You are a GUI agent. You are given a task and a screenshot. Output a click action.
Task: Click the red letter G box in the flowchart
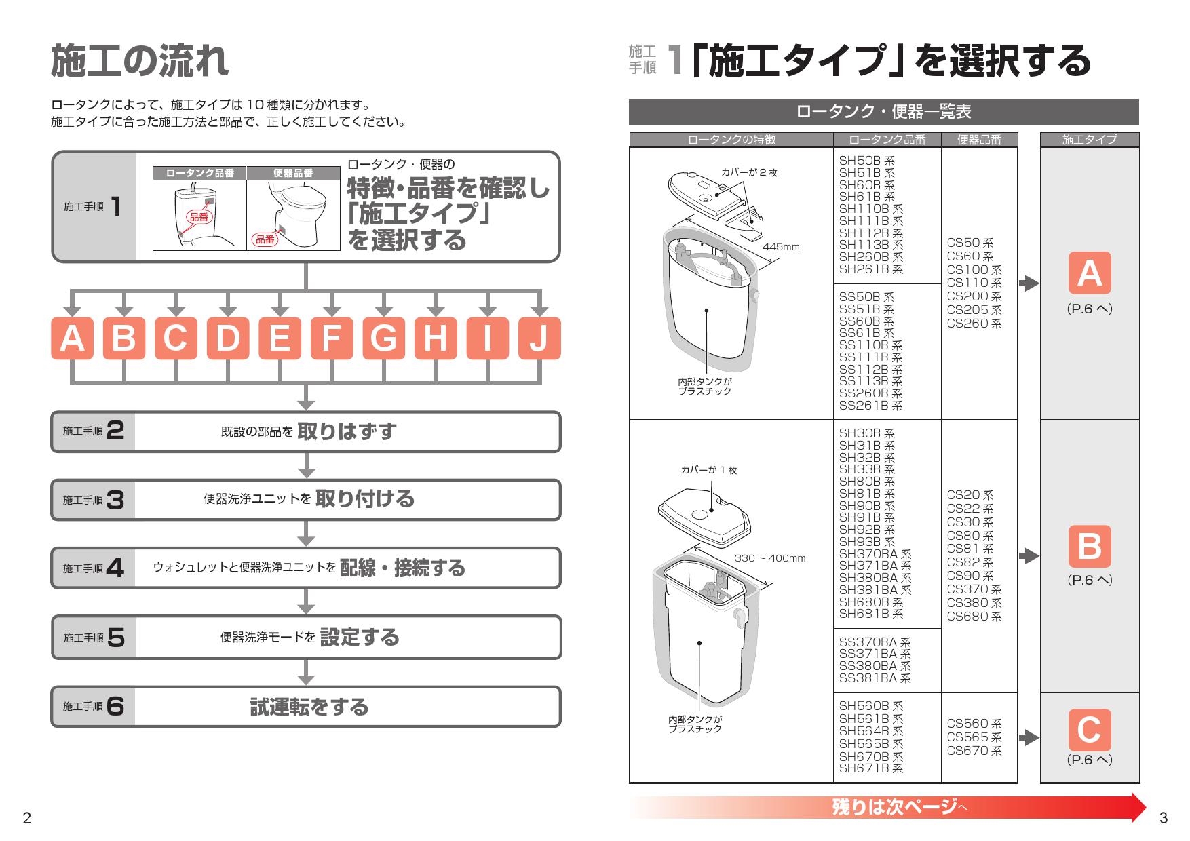click(x=383, y=338)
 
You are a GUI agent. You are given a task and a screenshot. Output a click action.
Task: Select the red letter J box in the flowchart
click(x=539, y=338)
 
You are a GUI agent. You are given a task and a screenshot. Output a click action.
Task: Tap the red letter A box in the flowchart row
click(x=72, y=338)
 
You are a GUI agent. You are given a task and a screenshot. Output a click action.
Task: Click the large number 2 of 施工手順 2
click(x=115, y=431)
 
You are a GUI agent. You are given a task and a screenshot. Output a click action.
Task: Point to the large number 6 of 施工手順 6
click(x=115, y=706)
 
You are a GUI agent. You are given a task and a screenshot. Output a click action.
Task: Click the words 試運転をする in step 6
click(x=309, y=707)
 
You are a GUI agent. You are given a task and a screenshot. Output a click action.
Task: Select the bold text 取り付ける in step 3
click(x=364, y=498)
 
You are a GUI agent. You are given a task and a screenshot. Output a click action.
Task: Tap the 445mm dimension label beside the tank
click(x=781, y=247)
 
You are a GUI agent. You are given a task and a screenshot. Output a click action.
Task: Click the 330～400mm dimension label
click(x=770, y=558)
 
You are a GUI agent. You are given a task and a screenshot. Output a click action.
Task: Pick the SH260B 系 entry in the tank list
click(x=870, y=257)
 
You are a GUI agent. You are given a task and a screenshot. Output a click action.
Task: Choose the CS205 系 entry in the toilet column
click(x=974, y=310)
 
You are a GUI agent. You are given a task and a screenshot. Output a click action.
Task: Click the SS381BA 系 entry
click(x=875, y=678)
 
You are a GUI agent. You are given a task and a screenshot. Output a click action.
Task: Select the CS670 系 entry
click(x=974, y=751)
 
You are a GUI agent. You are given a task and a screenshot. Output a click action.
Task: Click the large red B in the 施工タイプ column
click(x=1090, y=546)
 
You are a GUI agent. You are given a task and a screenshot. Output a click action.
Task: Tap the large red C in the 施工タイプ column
click(x=1090, y=730)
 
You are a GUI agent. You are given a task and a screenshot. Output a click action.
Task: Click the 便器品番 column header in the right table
click(x=979, y=140)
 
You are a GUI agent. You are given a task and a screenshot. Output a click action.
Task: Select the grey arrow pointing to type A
click(x=1029, y=283)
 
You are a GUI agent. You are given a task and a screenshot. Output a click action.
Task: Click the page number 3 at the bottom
click(x=1164, y=818)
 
